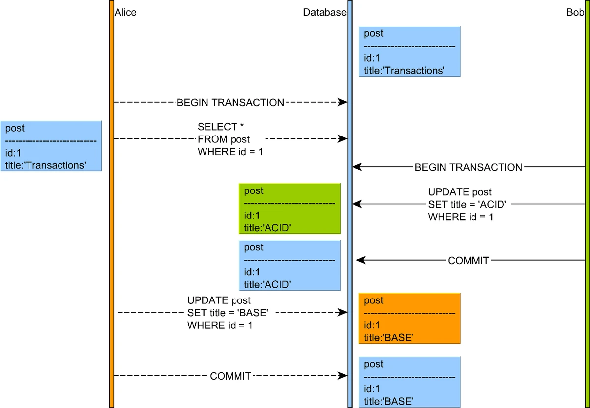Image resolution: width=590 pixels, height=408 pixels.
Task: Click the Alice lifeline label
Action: (125, 13)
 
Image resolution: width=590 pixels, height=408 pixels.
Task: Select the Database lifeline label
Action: (324, 13)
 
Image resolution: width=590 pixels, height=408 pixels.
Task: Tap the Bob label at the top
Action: (575, 13)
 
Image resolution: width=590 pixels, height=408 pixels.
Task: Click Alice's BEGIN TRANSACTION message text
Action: (231, 103)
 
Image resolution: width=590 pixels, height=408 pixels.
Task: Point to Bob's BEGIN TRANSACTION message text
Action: (468, 167)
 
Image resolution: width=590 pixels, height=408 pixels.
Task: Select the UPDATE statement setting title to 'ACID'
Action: (467, 204)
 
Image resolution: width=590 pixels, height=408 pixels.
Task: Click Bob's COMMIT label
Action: (469, 261)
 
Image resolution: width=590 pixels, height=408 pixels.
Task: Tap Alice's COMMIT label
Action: (231, 376)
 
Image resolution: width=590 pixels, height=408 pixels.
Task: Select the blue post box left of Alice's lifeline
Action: (51, 146)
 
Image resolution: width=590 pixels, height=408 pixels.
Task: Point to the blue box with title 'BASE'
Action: (410, 382)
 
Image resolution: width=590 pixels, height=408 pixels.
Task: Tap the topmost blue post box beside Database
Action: (410, 52)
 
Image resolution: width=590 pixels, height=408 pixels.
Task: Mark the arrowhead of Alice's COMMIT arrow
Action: (343, 376)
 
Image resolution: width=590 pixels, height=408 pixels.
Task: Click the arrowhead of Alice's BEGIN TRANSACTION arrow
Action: (343, 102)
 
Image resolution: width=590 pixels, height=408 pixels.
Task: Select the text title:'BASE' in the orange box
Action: (388, 337)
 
